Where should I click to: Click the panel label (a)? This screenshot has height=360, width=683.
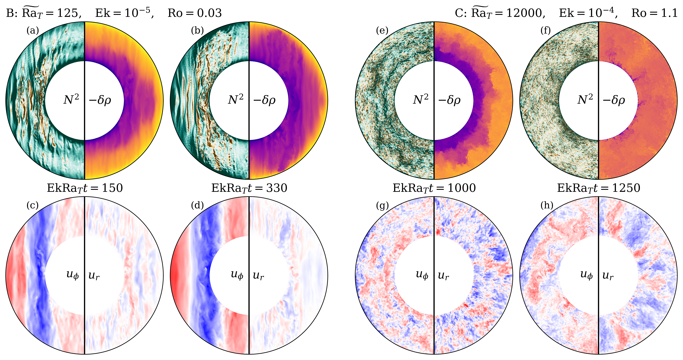(33, 31)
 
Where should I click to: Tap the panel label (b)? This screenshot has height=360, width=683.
(197, 31)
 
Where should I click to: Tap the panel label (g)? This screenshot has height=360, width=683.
(382, 206)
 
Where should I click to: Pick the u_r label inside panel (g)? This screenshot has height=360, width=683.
(443, 276)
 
